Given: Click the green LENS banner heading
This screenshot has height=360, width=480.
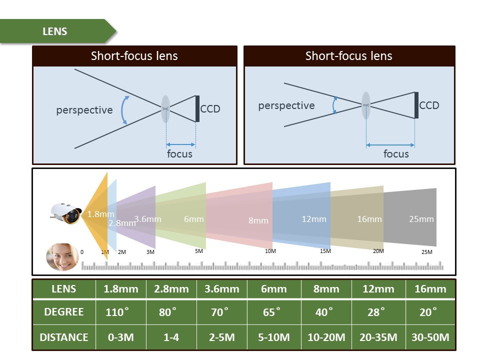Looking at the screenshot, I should (55, 31).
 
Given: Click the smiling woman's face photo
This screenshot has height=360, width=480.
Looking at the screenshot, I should (62, 256).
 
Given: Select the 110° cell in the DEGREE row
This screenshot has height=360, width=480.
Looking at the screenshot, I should (117, 312).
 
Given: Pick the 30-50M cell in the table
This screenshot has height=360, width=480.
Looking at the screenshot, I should (430, 337).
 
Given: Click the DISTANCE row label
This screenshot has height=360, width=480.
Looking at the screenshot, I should (64, 337).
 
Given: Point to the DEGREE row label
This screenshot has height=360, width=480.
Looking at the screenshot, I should (64, 312).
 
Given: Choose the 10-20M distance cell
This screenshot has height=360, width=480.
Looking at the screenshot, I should (326, 337).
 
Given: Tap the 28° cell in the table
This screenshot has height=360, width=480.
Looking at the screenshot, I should (376, 312).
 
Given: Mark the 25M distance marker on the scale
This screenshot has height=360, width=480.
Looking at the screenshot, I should (426, 252).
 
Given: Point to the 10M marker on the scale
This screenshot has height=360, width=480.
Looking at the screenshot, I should (270, 251).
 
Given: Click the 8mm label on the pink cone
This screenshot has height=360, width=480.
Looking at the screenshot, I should (258, 220).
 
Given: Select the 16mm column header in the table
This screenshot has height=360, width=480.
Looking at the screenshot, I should (430, 289).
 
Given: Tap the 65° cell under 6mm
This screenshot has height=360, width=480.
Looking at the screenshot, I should (271, 312).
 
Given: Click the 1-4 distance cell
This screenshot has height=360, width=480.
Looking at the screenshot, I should (171, 337).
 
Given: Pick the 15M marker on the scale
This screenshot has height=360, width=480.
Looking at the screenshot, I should (325, 251).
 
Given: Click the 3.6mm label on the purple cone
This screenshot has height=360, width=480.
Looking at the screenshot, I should (147, 219).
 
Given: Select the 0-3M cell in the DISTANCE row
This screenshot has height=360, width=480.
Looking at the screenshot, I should (121, 337).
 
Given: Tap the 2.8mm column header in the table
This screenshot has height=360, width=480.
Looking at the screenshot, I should (171, 289).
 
